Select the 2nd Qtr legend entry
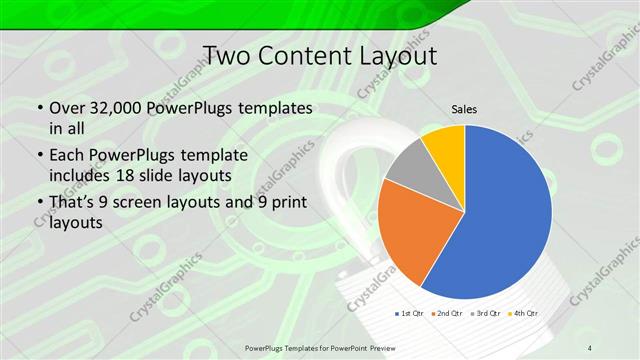(x=445, y=313)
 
